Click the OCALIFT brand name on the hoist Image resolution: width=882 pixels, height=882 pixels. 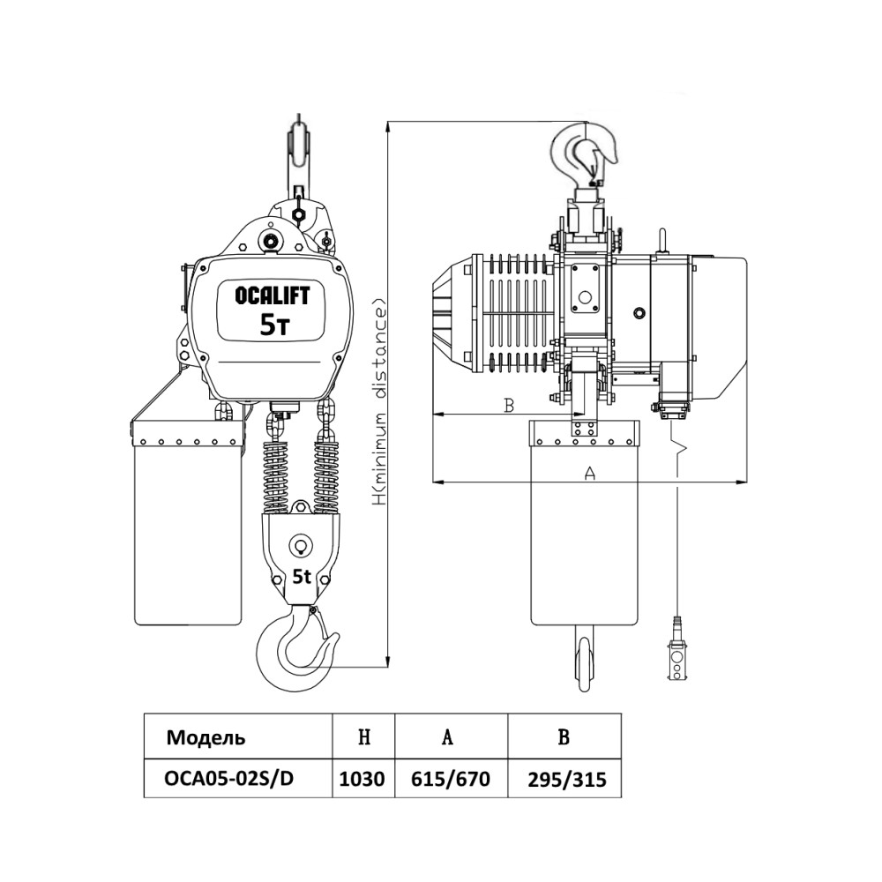[273, 296]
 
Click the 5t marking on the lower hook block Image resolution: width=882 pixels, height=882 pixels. [301, 578]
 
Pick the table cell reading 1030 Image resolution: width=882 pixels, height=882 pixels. [363, 780]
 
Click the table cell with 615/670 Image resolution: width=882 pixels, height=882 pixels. [451, 780]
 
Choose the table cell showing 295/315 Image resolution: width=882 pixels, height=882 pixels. [565, 780]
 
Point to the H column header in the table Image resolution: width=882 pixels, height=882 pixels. [363, 737]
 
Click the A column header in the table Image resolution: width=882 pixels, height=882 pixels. [448, 737]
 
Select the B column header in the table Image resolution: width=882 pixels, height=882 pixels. [564, 737]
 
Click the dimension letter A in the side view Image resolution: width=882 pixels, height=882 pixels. [591, 474]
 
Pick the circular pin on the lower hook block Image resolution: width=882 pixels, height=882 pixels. [301, 545]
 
